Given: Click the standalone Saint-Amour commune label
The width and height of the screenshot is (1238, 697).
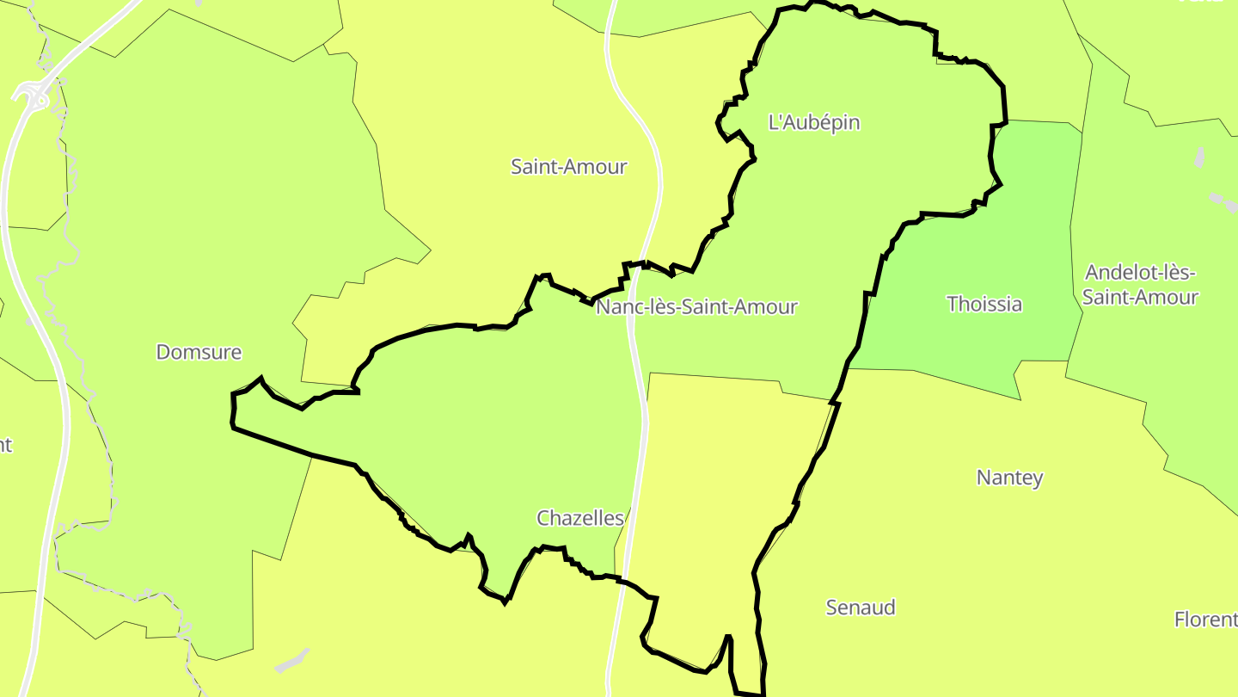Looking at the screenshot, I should pyautogui.click(x=568, y=167).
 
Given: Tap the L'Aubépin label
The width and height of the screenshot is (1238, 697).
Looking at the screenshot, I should pyautogui.click(x=813, y=122).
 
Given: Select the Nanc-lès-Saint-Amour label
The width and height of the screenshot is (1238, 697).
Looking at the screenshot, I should pyautogui.click(x=696, y=306).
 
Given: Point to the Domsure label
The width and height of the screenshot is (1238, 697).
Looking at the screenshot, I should pyautogui.click(x=199, y=352).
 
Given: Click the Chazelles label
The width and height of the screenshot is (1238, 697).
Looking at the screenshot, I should pyautogui.click(x=579, y=518).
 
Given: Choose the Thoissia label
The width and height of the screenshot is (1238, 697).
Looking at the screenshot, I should pyautogui.click(x=984, y=304).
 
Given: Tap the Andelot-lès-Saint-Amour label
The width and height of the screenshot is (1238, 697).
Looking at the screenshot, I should pyautogui.click(x=1140, y=285).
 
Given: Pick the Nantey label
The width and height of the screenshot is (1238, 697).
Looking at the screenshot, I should pyautogui.click(x=1009, y=478).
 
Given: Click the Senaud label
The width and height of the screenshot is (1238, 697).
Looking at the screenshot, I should pyautogui.click(x=861, y=608).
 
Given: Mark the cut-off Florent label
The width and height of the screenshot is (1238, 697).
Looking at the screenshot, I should pyautogui.click(x=1205, y=620).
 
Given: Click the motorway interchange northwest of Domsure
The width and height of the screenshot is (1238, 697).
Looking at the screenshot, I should pyautogui.click(x=34, y=93).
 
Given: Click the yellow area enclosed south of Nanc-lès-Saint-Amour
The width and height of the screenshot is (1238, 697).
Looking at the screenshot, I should pyautogui.click(x=722, y=482).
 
